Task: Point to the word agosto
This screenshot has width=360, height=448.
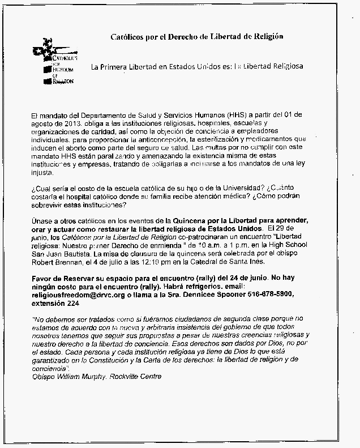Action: click(43, 123)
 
